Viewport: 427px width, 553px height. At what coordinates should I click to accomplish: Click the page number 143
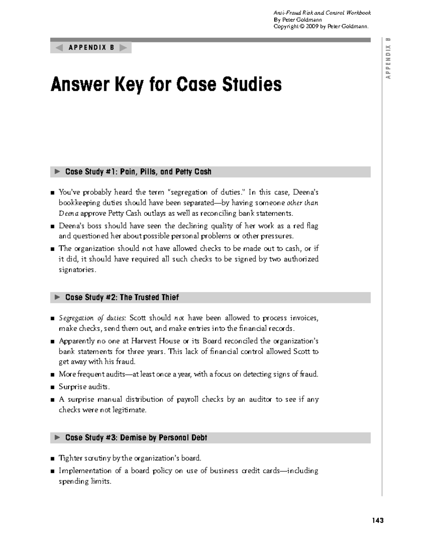pyautogui.click(x=378, y=521)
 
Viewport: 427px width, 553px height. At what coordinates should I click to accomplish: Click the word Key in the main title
pyautogui.click(x=127, y=85)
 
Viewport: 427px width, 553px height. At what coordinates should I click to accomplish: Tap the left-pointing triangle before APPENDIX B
pyautogui.click(x=59, y=48)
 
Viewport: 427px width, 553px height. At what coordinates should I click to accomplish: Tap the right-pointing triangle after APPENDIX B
pyautogui.click(x=123, y=48)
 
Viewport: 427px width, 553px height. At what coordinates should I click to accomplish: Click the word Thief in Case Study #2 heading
pyautogui.click(x=170, y=298)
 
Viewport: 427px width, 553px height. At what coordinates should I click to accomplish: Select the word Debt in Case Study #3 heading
pyautogui.click(x=199, y=438)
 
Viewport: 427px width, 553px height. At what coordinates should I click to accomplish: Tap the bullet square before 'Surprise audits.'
pyautogui.click(x=53, y=387)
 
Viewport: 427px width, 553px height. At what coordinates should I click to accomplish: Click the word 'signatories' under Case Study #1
pyautogui.click(x=77, y=270)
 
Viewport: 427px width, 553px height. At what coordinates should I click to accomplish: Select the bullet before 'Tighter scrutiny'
pyautogui.click(x=53, y=459)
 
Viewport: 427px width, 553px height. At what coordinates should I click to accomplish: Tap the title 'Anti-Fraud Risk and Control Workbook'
pyautogui.click(x=322, y=13)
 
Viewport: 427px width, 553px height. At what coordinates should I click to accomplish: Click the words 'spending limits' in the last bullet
pyautogui.click(x=85, y=481)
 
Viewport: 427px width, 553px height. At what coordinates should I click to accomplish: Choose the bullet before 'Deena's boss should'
pyautogui.click(x=53, y=226)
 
